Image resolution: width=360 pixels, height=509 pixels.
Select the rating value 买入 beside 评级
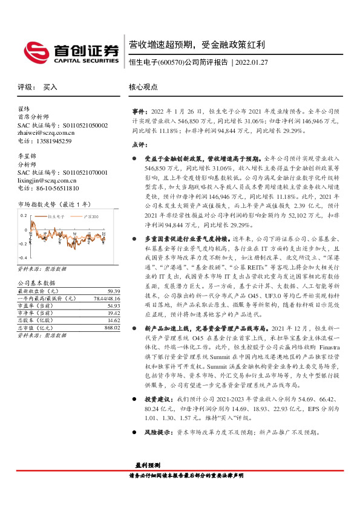point(50,87)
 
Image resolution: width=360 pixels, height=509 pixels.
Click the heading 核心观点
point(143,87)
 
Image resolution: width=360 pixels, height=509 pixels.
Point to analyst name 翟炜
point(24,109)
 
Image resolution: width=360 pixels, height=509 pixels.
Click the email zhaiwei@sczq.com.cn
point(46,133)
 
